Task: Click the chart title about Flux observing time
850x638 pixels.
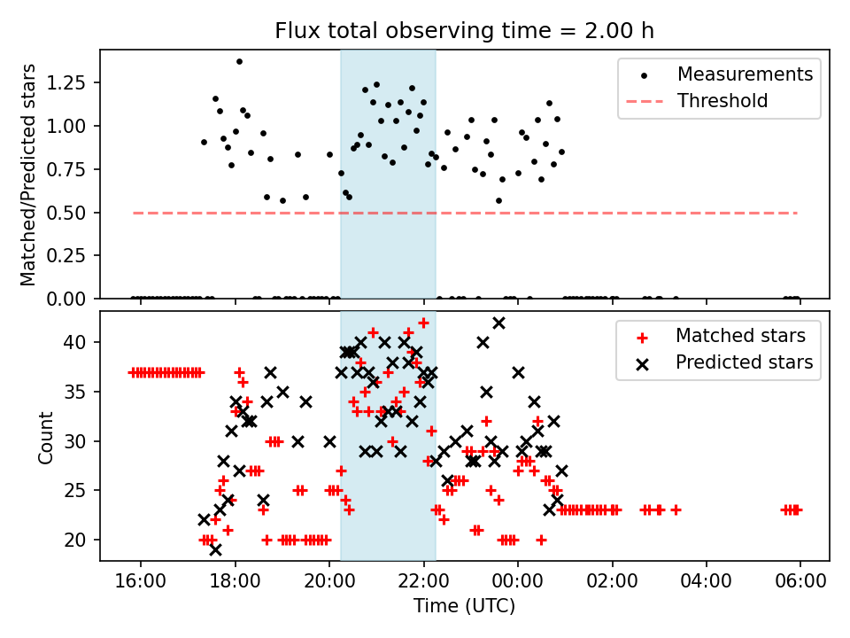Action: click(464, 31)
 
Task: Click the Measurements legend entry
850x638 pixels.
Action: click(745, 74)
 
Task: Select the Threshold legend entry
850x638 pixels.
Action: click(722, 101)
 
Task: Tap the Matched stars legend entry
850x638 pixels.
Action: click(740, 336)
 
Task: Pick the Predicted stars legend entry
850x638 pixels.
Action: click(744, 362)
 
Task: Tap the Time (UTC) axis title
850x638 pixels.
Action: click(464, 607)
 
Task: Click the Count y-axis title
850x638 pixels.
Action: click(45, 437)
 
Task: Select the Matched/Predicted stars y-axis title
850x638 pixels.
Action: click(28, 175)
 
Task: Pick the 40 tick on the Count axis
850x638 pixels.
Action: click(81, 342)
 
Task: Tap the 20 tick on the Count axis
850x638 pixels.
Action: click(81, 540)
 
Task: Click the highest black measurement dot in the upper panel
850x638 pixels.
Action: click(239, 61)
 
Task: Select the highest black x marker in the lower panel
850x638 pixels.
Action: click(498, 323)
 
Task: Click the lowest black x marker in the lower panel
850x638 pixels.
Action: click(215, 549)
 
